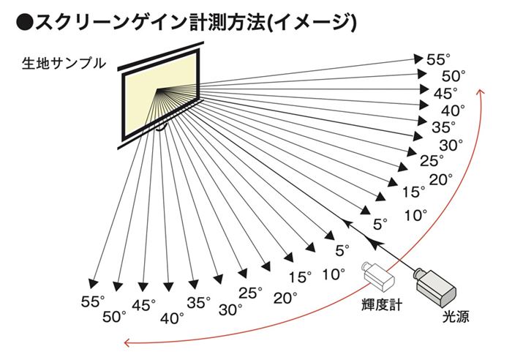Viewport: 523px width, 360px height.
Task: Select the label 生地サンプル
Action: pos(63,64)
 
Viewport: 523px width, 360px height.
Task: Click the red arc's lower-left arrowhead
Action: pos(127,341)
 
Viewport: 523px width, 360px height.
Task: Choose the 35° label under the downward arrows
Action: pos(198,301)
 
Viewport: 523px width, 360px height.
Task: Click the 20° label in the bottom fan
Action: pos(285,297)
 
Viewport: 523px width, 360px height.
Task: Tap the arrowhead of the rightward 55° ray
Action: pos(420,56)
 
